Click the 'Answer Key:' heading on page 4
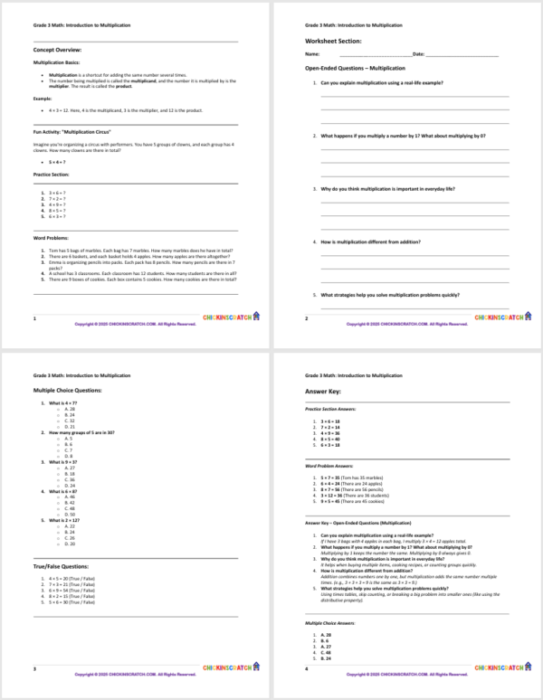(324, 391)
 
